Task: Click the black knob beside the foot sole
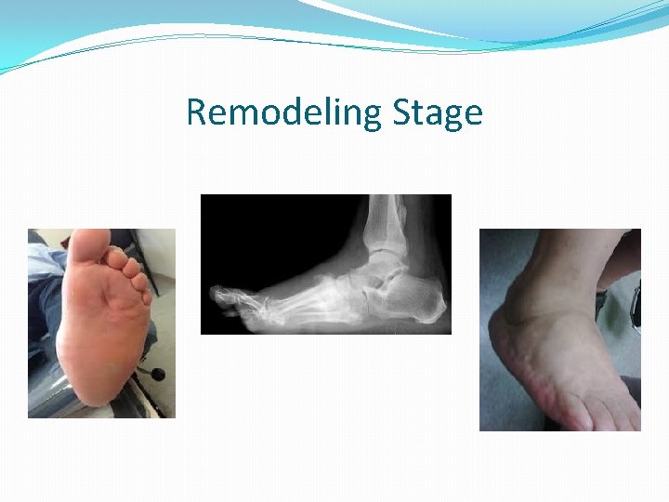157,374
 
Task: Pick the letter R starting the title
196,113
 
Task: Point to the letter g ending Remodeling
373,117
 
